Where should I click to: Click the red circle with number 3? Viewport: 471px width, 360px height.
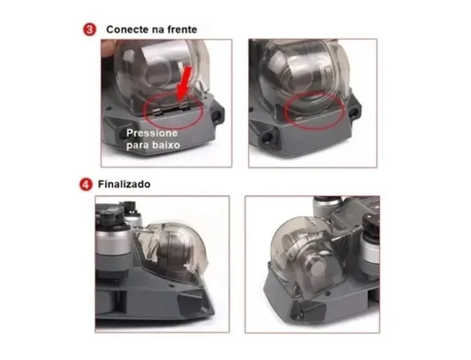[x=88, y=30]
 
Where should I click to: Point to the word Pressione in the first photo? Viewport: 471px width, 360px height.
[x=151, y=134]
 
